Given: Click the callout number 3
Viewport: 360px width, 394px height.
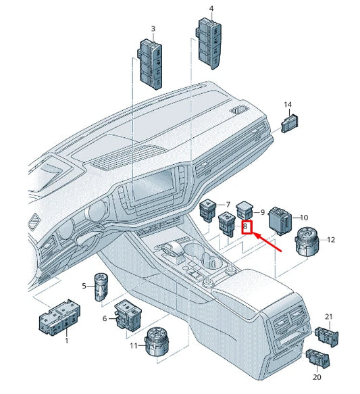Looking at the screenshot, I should (153, 29).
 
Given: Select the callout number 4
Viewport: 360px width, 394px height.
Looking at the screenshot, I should (211, 9).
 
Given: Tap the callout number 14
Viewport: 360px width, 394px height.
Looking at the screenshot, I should (288, 105).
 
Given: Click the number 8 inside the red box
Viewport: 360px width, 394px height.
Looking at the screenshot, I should (247, 228).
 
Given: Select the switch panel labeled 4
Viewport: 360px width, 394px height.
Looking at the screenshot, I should (208, 42).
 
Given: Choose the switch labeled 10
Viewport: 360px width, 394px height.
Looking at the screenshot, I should (280, 219).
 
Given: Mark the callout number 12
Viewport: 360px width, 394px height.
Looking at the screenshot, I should (331, 239).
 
